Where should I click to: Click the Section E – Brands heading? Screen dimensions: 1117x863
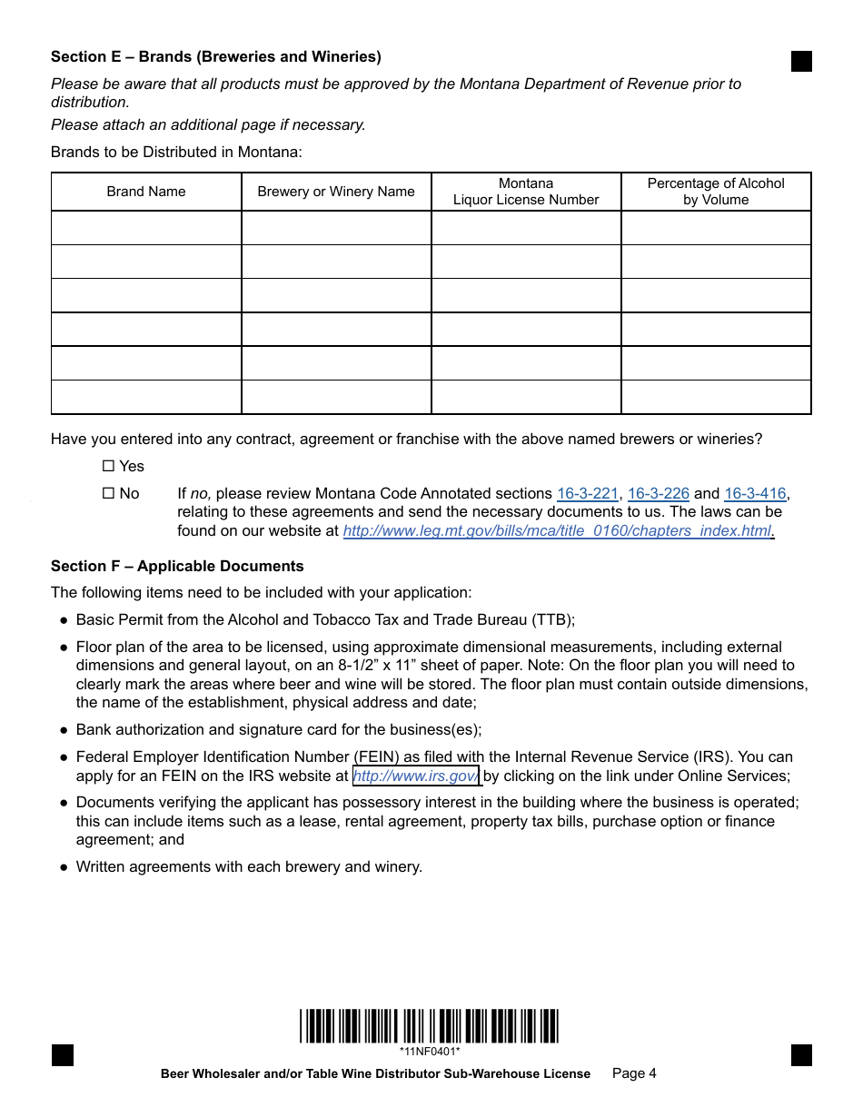pos(215,57)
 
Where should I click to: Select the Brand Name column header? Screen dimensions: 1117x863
pos(146,192)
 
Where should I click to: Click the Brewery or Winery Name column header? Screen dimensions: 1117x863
pos(336,192)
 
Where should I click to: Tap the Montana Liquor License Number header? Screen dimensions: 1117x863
pos(526,192)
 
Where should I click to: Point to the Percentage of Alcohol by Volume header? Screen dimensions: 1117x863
pos(716,192)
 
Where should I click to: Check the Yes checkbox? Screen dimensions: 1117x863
pos(108,466)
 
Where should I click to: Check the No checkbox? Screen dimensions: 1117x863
pos(108,493)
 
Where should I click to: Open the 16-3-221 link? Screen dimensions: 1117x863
pos(587,494)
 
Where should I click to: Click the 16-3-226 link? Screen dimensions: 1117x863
pos(658,494)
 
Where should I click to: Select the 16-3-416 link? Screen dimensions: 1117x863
pos(755,494)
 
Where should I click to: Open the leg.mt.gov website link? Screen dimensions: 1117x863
pos(557,531)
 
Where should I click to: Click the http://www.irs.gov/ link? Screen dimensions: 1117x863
pos(415,776)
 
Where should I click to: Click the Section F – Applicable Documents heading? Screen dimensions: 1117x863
pos(177,567)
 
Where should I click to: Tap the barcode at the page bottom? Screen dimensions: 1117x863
pos(429,1026)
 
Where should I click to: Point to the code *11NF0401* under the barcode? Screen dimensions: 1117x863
pos(429,1052)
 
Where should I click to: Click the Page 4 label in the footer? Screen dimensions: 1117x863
pos(634,1073)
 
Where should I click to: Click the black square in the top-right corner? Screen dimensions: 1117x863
pos(801,61)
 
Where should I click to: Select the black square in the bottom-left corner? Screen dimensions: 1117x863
pos(62,1055)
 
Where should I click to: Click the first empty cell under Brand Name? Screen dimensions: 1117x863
pos(146,228)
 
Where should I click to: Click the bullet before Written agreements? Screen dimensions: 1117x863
pos(64,867)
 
